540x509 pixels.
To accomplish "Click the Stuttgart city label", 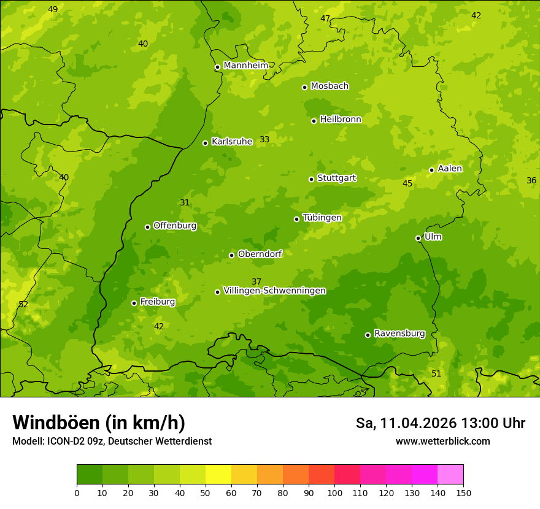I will (336, 178).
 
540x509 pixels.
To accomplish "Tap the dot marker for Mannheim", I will (217, 67).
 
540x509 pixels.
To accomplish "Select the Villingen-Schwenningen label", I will (274, 291).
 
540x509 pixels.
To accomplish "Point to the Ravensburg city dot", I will (368, 335).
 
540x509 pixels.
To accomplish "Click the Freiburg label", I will (157, 302).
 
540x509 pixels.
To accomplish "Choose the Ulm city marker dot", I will (418, 238).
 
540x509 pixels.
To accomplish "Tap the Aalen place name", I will (450, 169).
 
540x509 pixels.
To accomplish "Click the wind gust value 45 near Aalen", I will (407, 183).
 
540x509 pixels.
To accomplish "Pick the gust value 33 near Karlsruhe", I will (264, 139).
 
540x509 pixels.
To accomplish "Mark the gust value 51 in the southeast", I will (436, 373).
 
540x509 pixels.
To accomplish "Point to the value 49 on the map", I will (53, 9).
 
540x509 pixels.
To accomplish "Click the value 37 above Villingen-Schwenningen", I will (256, 281).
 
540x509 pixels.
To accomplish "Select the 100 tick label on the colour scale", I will (334, 492).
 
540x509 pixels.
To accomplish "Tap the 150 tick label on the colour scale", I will (463, 492).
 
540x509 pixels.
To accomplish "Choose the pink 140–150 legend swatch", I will (450, 475).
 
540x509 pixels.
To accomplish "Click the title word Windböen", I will (56, 423).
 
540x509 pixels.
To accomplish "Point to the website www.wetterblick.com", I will (442, 441).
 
